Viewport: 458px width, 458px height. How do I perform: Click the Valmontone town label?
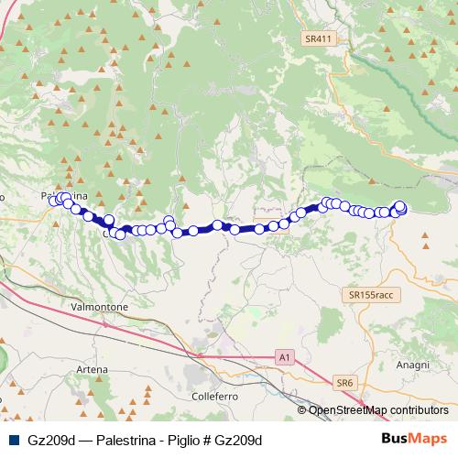(x=99, y=307)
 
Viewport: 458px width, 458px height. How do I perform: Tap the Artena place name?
(x=92, y=369)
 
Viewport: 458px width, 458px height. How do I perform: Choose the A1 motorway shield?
(x=286, y=355)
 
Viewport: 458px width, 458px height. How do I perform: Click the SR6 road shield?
(x=343, y=381)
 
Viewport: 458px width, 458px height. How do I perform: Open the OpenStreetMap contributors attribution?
(x=378, y=410)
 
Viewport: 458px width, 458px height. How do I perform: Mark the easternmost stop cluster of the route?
(x=399, y=209)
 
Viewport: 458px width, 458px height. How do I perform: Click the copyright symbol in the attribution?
(x=302, y=410)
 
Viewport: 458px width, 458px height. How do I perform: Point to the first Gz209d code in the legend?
(x=51, y=440)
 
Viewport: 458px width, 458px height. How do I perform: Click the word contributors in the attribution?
(x=419, y=410)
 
